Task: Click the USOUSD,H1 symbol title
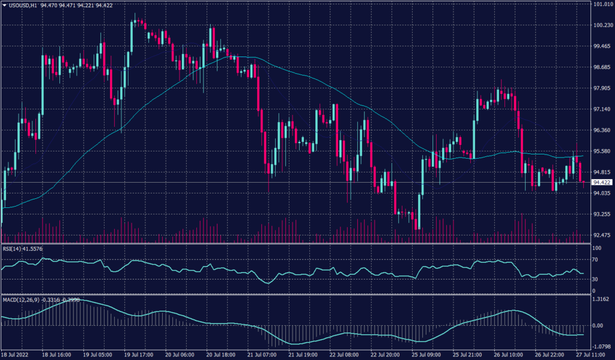(23, 5)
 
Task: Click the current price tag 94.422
(601, 182)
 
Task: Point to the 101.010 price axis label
(602, 4)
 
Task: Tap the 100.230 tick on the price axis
(602, 25)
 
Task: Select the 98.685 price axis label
(601, 67)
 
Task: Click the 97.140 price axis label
(601, 109)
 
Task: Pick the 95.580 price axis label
(601, 151)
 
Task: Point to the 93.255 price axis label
(601, 214)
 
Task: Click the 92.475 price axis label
(601, 235)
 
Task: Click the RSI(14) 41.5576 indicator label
(22, 248)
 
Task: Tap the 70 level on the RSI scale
(596, 260)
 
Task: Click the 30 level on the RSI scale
(596, 279)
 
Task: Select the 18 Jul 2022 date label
(15, 355)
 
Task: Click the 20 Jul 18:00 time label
(219, 355)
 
